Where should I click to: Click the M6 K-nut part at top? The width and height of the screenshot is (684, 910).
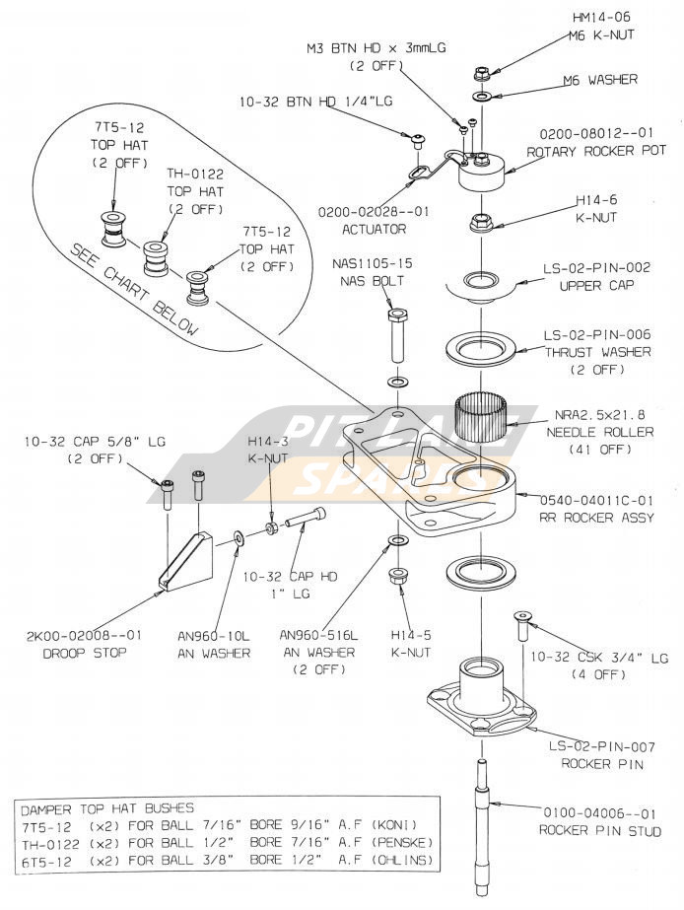pyautogui.click(x=482, y=73)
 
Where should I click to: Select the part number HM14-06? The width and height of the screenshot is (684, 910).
pyautogui.click(x=603, y=17)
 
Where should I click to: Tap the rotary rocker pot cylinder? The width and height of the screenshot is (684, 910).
pyautogui.click(x=482, y=175)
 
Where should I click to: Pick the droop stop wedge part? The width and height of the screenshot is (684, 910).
pyautogui.click(x=186, y=563)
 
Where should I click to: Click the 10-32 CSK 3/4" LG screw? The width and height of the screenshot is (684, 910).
pyautogui.click(x=519, y=628)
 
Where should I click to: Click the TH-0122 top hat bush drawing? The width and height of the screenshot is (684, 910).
pyautogui.click(x=156, y=259)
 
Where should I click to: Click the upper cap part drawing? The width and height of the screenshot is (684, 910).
pyautogui.click(x=481, y=284)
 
